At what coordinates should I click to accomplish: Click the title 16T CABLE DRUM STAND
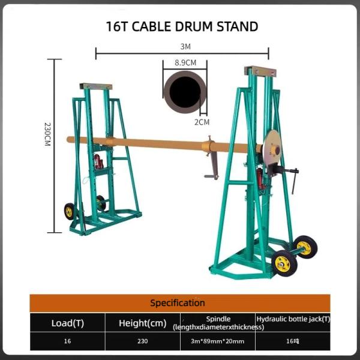[182, 26]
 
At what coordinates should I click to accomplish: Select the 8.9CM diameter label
[185, 62]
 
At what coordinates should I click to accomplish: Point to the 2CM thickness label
[203, 122]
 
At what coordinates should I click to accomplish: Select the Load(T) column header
[67, 323]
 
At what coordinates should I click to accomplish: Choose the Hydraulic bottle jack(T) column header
[293, 319]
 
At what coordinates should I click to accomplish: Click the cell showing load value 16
[67, 341]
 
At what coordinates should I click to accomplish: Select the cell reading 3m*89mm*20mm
[218, 341]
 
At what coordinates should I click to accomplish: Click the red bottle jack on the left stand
[96, 161]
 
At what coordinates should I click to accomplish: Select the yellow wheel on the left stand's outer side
[70, 211]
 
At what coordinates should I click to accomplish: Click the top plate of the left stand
[97, 86]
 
